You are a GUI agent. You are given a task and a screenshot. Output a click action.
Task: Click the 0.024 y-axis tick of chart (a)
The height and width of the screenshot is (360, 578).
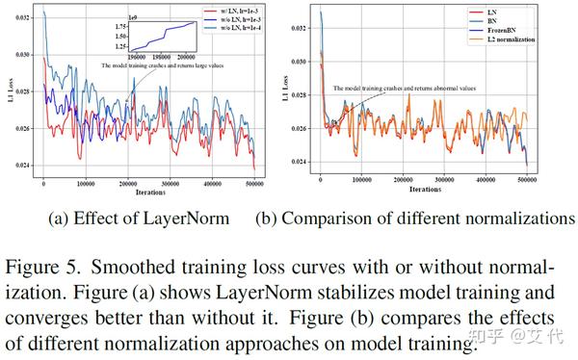pyautogui.click(x=22, y=165)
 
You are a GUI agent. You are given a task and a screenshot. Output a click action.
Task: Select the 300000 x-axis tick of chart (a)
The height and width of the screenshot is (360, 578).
pyautogui.click(x=169, y=183)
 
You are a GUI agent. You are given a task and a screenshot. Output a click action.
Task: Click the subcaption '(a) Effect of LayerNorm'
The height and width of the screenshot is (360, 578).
pyautogui.click(x=139, y=219)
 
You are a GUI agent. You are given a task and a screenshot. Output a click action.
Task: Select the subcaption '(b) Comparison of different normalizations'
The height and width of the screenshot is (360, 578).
pyautogui.click(x=414, y=219)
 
